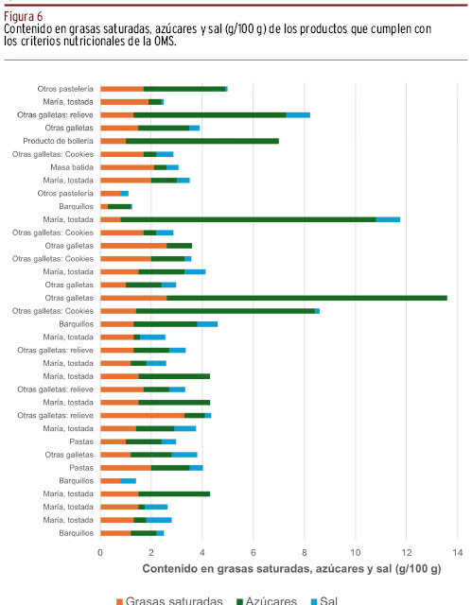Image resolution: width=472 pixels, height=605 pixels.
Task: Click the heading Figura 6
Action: (x=23, y=17)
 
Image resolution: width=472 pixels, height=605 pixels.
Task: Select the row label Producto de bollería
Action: (x=59, y=141)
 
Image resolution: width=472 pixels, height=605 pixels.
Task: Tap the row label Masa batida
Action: (x=72, y=167)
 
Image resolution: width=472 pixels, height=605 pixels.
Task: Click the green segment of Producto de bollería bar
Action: (x=202, y=141)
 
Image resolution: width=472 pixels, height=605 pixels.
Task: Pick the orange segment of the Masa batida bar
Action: (x=128, y=167)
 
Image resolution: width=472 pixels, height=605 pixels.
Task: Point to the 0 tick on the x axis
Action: (x=100, y=552)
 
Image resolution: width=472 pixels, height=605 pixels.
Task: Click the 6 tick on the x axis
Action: (x=253, y=552)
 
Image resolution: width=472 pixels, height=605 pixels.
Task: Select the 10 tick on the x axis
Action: (x=356, y=552)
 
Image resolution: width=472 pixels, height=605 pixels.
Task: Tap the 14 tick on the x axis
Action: (x=457, y=552)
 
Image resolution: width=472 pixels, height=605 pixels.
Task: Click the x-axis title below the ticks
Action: (x=291, y=569)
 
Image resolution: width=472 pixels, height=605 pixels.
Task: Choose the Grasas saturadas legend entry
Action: (x=169, y=600)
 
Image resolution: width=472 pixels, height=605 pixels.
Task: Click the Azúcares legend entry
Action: (x=267, y=600)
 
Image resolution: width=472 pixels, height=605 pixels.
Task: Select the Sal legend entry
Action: (x=324, y=600)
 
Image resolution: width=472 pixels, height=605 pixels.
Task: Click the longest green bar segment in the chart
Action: (x=306, y=298)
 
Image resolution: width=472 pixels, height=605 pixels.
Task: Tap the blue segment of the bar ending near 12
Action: (x=388, y=219)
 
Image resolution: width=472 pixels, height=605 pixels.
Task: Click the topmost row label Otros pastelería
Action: (x=65, y=89)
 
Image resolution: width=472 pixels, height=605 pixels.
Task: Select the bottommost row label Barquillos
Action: (x=76, y=533)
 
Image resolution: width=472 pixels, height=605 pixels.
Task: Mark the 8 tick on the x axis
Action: (x=305, y=552)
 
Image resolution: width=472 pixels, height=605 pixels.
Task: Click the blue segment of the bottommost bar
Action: (x=160, y=533)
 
